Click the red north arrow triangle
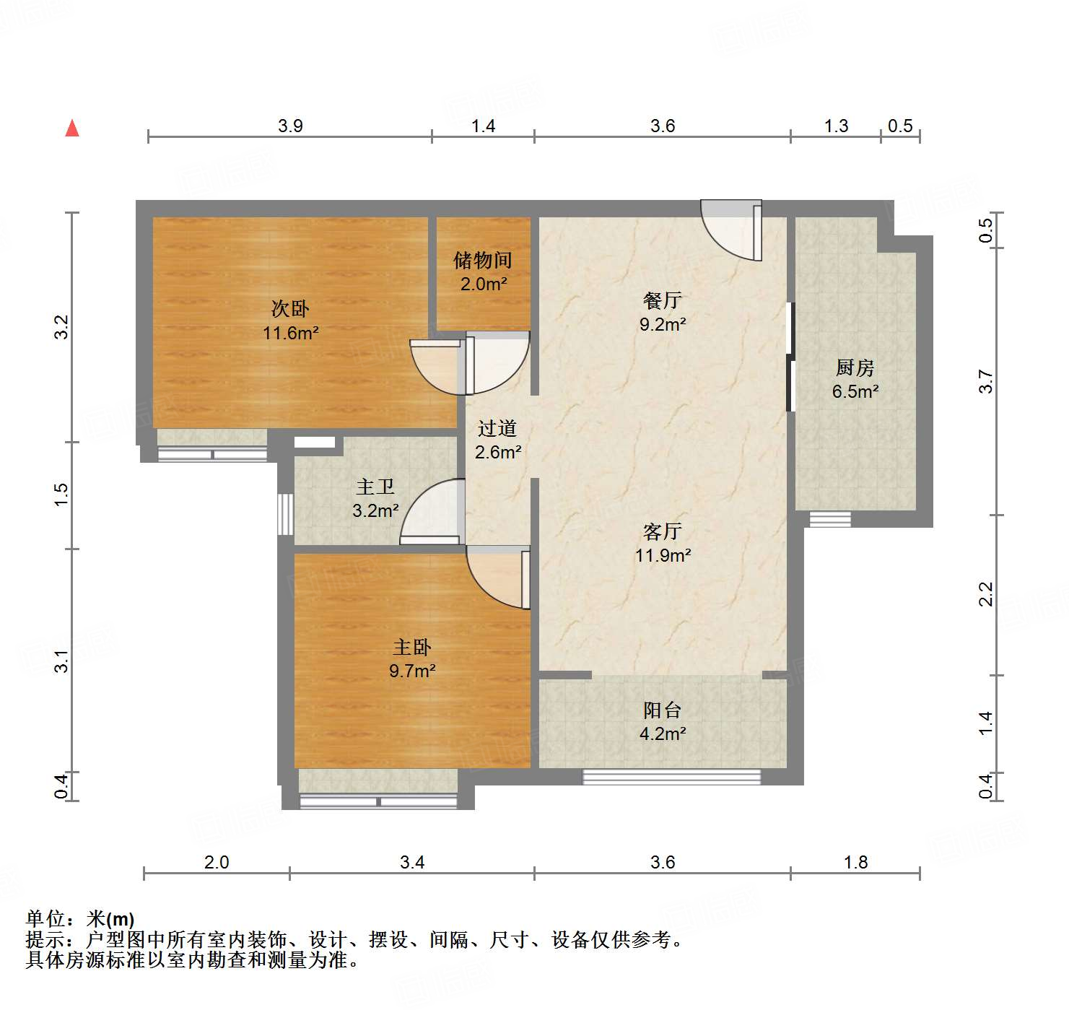pos(72,128)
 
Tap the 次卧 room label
pos(290,309)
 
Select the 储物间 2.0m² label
pos(483,271)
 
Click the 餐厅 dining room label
pos(662,300)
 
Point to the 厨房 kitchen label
pos(855,368)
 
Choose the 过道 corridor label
pos(497,429)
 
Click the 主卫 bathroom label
pos(375,487)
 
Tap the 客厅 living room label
pos(662,532)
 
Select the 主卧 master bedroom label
pos(411,648)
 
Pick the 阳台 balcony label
pos(662,710)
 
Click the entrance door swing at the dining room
pos(730,232)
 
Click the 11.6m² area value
pos(290,333)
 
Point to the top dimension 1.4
pos(483,126)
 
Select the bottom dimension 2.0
pos(217,862)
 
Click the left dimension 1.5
pos(62,495)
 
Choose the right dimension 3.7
pos(986,381)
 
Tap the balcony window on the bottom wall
pos(671,777)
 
